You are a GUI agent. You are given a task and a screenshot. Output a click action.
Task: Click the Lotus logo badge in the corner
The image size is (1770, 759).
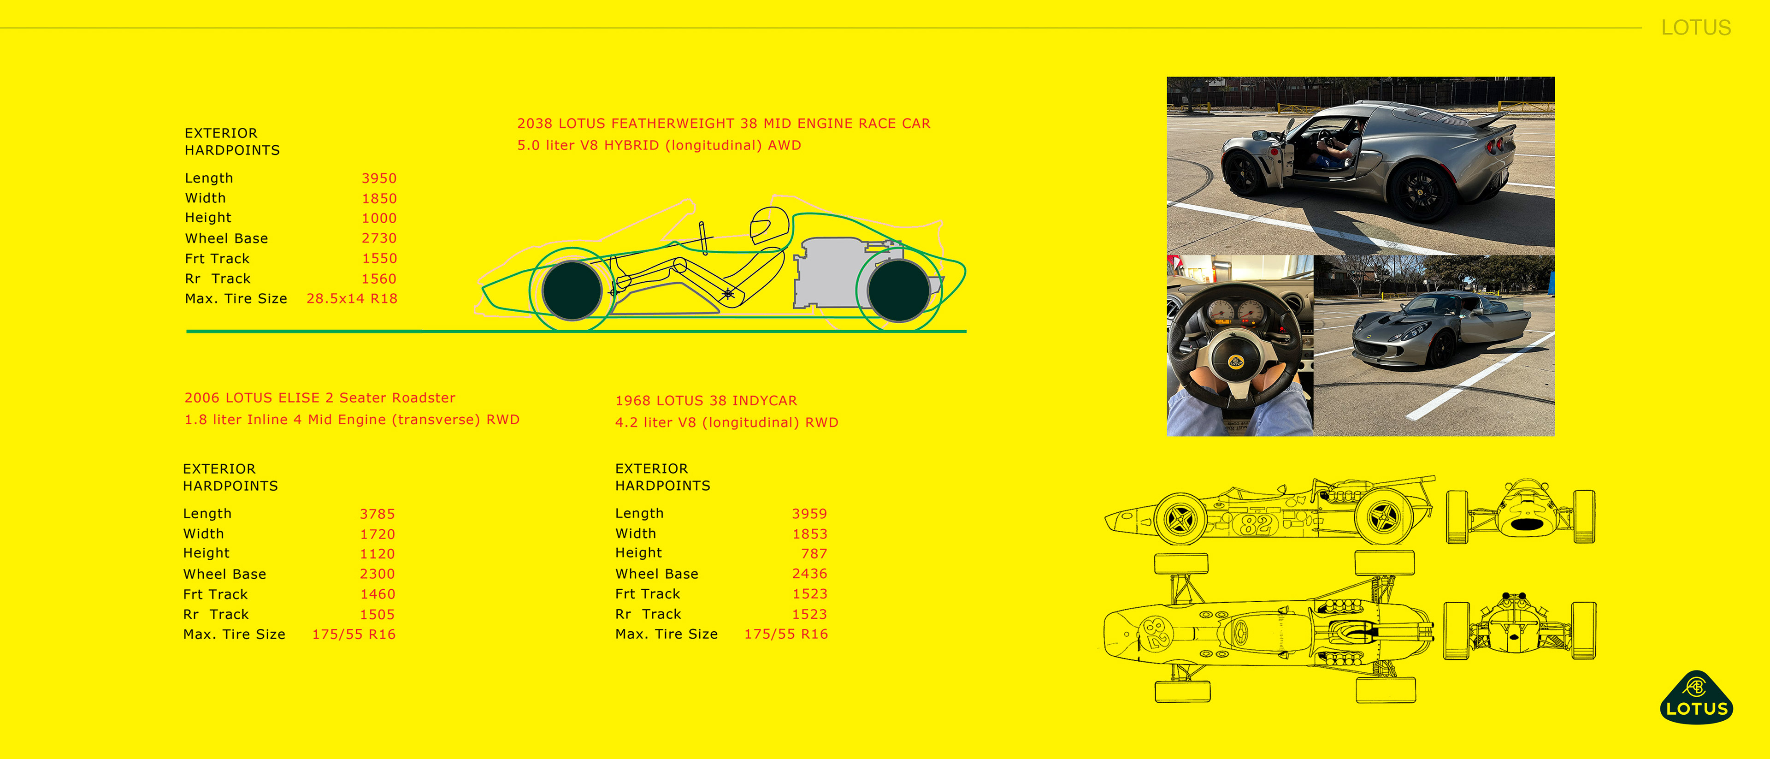click(x=1696, y=698)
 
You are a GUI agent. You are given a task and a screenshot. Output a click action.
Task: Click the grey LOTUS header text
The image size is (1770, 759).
click(x=1696, y=28)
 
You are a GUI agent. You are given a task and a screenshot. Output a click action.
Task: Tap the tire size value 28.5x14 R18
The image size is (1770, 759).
click(x=352, y=298)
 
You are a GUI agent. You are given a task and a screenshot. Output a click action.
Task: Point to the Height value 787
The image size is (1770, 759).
click(x=814, y=553)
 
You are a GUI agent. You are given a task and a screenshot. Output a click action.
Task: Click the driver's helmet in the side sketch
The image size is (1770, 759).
click(x=769, y=225)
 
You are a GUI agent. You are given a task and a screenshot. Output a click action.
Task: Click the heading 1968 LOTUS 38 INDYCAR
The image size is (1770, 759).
click(x=706, y=401)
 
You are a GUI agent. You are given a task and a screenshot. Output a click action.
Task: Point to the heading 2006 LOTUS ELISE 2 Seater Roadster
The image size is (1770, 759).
click(x=319, y=398)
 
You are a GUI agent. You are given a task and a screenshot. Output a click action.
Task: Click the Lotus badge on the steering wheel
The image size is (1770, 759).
click(x=1235, y=362)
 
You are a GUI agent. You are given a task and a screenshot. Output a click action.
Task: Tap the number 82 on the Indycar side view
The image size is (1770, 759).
click(x=1257, y=525)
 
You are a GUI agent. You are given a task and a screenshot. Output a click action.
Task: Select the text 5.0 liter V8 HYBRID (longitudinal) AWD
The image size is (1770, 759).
click(x=659, y=145)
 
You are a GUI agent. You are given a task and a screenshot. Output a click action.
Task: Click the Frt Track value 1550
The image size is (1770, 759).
click(x=379, y=259)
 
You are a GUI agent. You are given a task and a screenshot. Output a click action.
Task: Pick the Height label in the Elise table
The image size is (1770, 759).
click(x=206, y=553)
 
